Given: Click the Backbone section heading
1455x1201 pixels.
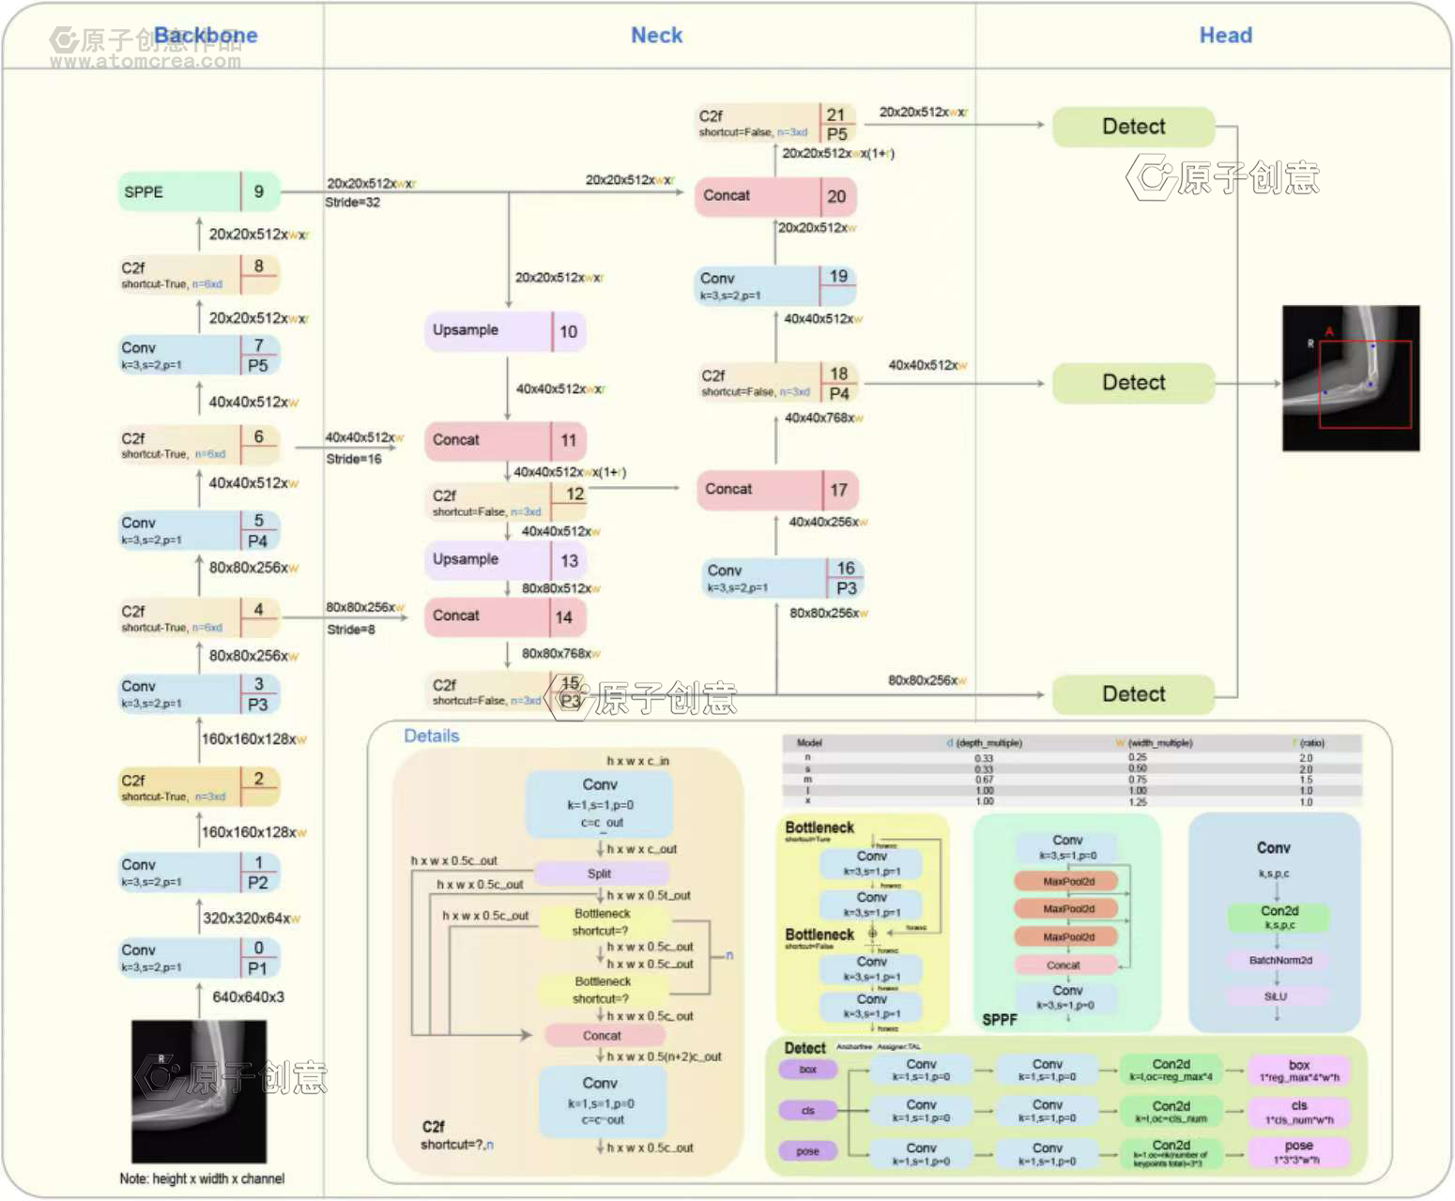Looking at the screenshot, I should coord(206,36).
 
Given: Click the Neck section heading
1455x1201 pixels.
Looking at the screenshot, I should coord(656,36).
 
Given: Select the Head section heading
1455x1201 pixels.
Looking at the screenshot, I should coord(1225,36).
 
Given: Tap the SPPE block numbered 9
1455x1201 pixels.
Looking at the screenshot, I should coord(198,191).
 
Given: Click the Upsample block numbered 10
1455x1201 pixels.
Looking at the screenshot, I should coord(505,331).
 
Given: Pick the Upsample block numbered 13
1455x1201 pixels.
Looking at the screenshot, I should coord(505,560).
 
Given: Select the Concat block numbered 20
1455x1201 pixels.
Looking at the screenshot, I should coord(775,196).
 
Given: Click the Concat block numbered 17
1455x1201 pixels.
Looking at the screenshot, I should coord(777,490).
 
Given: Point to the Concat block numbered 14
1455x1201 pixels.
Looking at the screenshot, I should coord(505,616).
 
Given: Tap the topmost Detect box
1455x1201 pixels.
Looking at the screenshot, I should coord(1133,127).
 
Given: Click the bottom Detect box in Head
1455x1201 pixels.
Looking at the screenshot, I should coord(1133,694).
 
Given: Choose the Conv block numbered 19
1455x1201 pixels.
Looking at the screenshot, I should coord(775,285).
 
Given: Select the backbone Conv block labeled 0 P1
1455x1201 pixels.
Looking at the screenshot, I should coord(199,958).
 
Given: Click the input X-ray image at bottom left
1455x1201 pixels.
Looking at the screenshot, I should coord(199,1091).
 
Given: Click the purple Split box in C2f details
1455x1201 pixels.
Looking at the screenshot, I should coord(599,874).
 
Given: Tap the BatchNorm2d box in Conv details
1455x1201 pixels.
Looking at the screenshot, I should coord(1279,961).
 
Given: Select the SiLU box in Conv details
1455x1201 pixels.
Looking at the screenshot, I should coord(1276,996).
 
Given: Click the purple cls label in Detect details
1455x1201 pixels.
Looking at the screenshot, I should coord(807,1111).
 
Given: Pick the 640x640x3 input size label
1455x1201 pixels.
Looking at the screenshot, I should coord(248,997).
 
